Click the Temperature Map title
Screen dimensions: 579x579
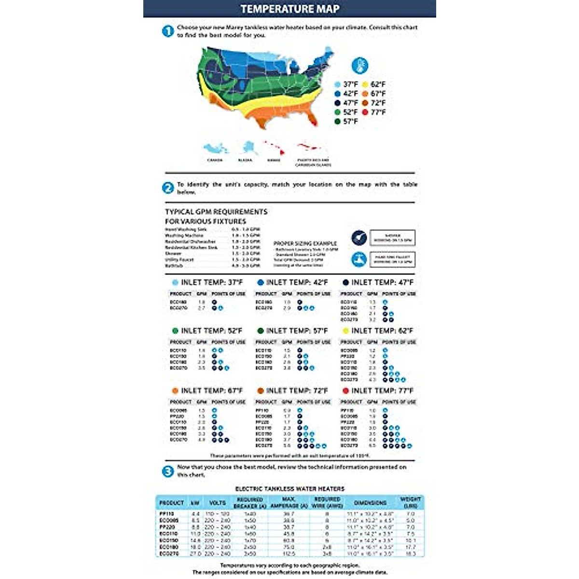[289, 9]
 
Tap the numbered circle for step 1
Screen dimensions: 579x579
[167, 31]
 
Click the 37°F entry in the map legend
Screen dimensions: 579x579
[346, 84]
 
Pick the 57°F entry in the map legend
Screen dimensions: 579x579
[346, 122]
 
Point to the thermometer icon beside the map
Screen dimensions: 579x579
[360, 65]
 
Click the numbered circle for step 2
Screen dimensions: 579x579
[167, 188]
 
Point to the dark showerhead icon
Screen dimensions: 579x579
[358, 238]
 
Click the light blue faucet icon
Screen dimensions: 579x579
[358, 259]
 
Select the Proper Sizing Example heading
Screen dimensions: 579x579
[305, 244]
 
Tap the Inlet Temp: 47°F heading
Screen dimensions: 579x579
[378, 282]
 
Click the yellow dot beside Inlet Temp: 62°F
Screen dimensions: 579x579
[345, 331]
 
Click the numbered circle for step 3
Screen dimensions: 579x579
[167, 471]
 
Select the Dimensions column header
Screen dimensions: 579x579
[370, 503]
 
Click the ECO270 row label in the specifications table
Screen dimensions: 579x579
[169, 554]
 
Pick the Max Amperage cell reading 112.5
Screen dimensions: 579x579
[289, 554]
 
